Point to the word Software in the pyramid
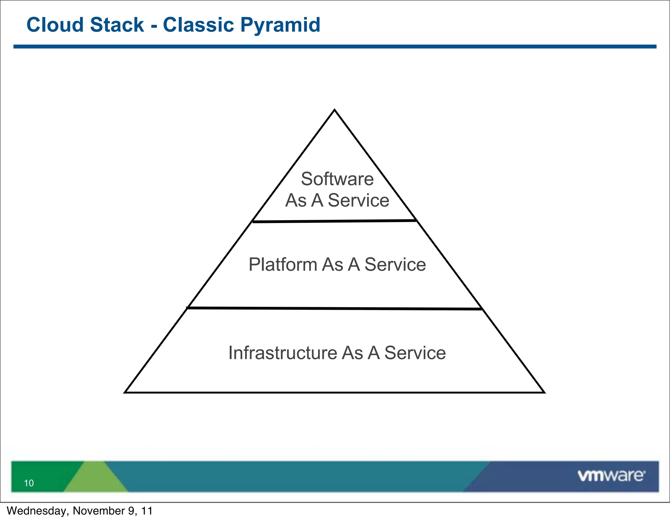coord(337,179)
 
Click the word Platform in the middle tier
coord(283,265)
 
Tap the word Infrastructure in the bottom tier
coord(283,353)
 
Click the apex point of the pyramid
coord(334,110)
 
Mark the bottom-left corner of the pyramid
coord(125,392)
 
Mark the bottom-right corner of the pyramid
coord(544,392)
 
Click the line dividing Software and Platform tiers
coord(334,221)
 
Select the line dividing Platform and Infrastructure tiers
coord(334,308)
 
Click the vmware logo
coord(611,476)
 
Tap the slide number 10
coord(29,483)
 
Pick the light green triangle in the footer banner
coord(95,479)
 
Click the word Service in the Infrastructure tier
coord(415,353)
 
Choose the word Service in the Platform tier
coord(395,265)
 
